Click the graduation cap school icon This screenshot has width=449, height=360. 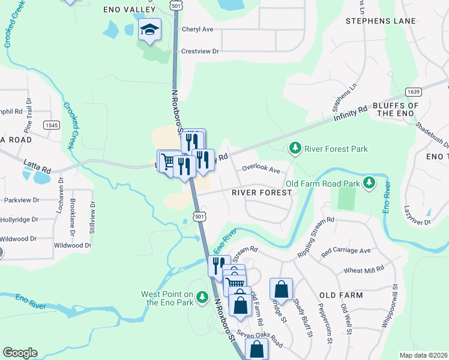coord(149,29)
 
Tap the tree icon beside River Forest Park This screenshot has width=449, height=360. coord(295,148)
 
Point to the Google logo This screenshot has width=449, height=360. coord(20,353)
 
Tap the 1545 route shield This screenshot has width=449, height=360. coord(50,124)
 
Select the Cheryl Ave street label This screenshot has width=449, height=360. coord(197,29)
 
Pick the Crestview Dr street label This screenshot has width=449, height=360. coord(200,52)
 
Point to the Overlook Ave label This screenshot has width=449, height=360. coord(261,170)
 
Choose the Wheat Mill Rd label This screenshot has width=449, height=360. coord(364,271)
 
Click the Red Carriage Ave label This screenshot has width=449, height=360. coord(346,250)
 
